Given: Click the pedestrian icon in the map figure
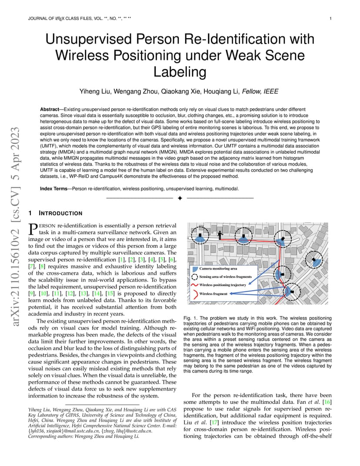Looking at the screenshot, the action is tap(220, 235).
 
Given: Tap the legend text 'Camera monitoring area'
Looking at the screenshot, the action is tap(218, 269).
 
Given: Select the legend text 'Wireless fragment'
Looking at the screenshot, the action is tap(213, 294).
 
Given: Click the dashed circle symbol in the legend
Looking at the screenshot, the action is tap(194, 277).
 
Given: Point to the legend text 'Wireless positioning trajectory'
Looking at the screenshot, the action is tap(223, 285).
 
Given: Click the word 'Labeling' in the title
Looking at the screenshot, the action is tap(180, 72).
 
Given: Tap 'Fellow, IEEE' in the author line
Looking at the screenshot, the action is tap(260, 92).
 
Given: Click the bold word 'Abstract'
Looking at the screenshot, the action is tap(49, 110).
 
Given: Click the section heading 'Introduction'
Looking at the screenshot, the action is tap(60, 213).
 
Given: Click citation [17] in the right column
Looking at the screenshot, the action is tap(214, 423).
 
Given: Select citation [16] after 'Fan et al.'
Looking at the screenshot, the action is tap(327, 402).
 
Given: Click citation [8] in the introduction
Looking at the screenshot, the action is tap(42, 266).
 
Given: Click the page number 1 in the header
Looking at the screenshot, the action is tap(330, 18).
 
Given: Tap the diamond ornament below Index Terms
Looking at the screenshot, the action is tap(180, 198).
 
